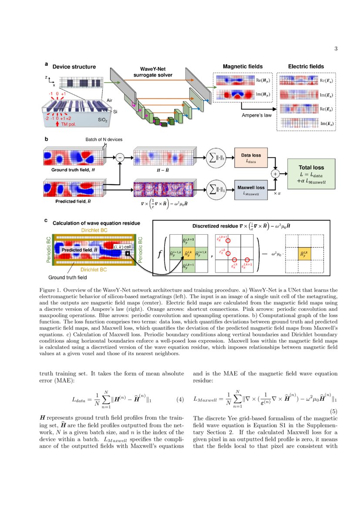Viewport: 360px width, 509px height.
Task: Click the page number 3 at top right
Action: coord(336,48)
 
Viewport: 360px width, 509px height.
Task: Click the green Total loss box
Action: coord(311,173)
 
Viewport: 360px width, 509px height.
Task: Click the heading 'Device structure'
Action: coord(74,67)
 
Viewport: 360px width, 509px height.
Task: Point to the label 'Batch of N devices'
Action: coord(104,139)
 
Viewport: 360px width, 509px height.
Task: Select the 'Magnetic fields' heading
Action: coord(242,66)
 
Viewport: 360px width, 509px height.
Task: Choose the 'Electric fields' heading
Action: coord(306,66)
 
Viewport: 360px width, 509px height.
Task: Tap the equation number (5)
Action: coord(333,411)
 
